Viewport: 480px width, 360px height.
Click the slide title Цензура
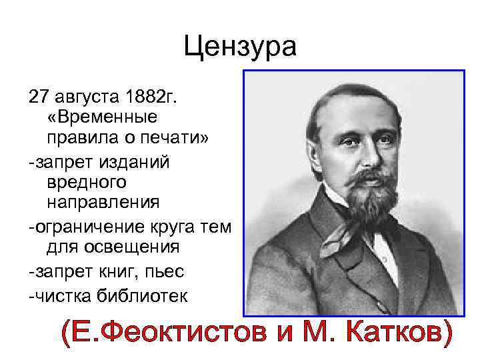point(240,47)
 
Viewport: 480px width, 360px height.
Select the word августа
point(87,97)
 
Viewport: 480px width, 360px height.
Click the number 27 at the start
point(37,97)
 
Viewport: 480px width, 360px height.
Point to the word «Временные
point(102,117)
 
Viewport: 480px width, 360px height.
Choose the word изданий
point(139,161)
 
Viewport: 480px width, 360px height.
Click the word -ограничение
point(83,227)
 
